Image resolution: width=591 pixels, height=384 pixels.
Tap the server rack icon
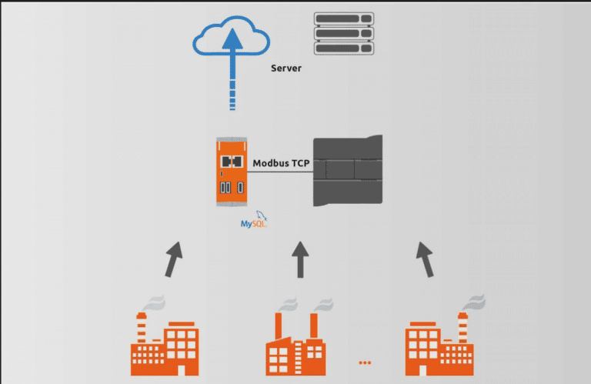[343, 32]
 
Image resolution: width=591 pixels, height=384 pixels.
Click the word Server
[286, 68]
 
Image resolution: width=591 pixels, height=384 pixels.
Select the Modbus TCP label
[281, 162]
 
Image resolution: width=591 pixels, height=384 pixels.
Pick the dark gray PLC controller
[347, 170]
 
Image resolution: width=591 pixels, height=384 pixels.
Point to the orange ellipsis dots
[365, 361]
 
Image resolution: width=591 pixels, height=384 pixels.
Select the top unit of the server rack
[343, 18]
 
